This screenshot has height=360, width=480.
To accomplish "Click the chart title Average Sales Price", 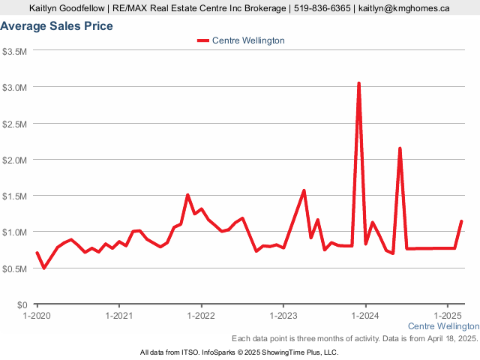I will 57,26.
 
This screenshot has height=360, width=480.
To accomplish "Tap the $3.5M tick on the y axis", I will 15,51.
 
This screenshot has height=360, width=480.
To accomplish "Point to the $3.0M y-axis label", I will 15,87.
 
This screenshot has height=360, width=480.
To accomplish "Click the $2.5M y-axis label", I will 15,124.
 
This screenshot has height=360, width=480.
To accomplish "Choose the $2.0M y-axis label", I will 15,160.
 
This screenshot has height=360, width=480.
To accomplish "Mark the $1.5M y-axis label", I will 15,196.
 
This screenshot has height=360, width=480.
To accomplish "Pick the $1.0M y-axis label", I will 15,232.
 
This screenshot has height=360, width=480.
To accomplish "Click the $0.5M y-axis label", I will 15,268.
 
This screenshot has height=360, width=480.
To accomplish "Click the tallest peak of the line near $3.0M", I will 358,84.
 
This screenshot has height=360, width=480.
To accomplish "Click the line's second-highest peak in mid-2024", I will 400,148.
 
